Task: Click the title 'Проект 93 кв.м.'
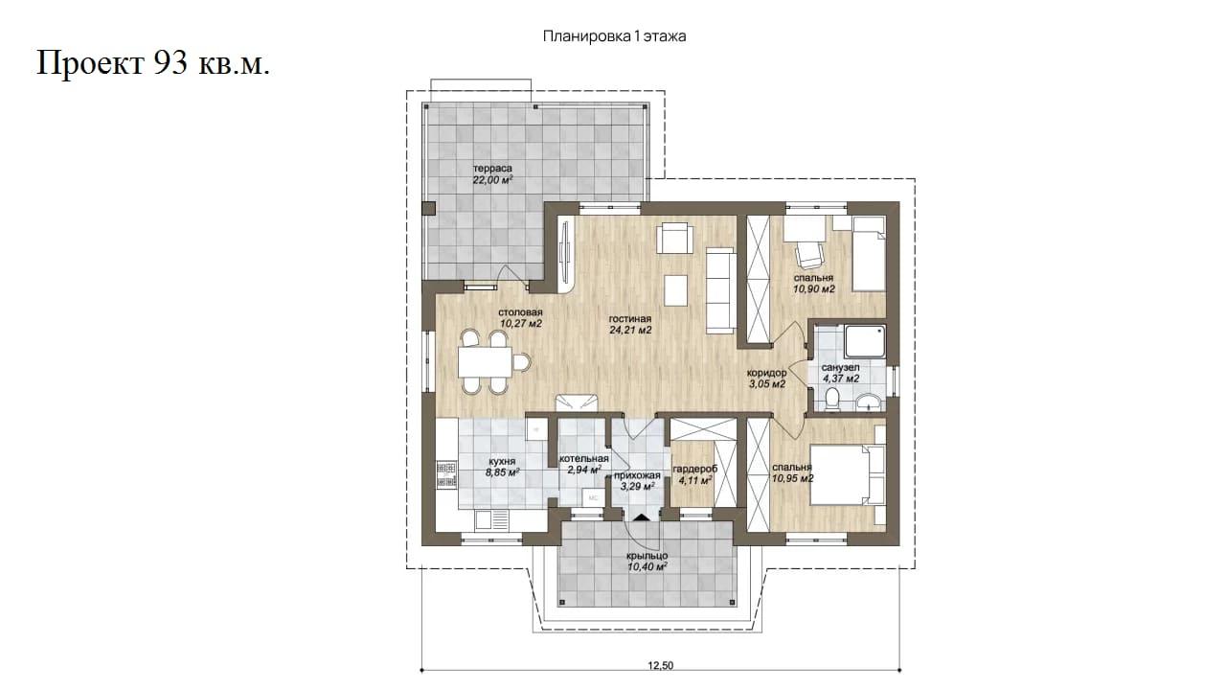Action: (153, 63)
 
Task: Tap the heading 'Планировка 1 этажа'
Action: (614, 36)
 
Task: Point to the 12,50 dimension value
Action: (661, 666)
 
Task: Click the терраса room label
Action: (492, 168)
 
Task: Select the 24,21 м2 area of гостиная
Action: (630, 331)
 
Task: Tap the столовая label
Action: (520, 312)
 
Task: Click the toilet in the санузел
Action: (832, 400)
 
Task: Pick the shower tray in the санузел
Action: (865, 342)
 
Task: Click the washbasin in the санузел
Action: (869, 402)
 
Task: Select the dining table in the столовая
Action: (486, 361)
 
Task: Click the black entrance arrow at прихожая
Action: (641, 517)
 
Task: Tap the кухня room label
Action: (501, 462)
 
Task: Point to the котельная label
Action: (584, 458)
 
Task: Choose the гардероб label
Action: (695, 470)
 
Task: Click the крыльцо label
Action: (647, 556)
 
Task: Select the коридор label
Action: (767, 373)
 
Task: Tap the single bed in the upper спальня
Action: (869, 254)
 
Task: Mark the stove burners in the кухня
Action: (446, 474)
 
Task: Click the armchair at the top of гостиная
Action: (675, 238)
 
